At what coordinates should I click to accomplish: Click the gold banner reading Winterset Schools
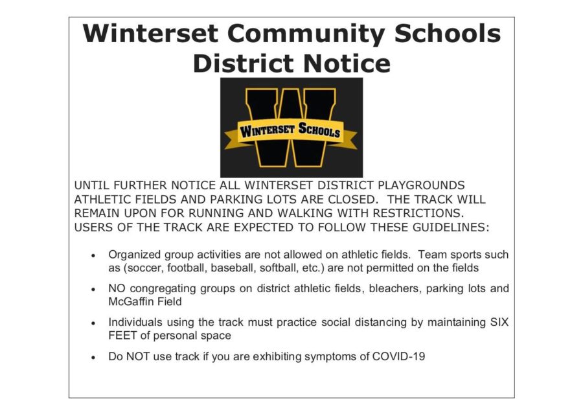(x=290, y=132)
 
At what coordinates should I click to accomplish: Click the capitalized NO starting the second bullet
(x=117, y=288)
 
